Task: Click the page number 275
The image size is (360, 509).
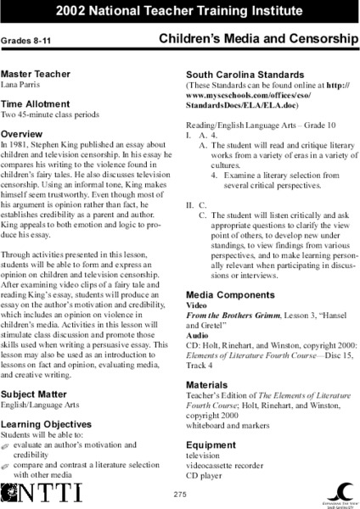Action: [x=179, y=495]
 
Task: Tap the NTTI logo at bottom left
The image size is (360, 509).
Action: [x=31, y=491]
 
